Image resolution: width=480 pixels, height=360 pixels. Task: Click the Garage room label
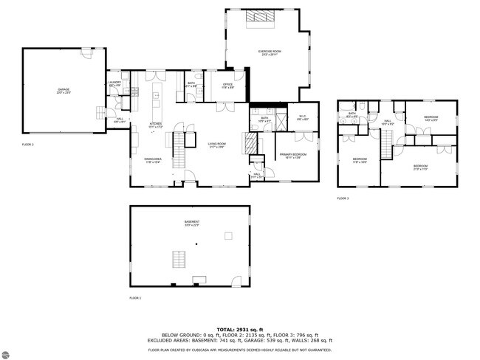pos(64,91)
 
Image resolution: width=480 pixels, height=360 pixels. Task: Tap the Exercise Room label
pos(267,52)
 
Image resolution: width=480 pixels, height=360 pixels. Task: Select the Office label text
pos(228,86)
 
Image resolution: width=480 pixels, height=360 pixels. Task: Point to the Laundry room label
pos(114,83)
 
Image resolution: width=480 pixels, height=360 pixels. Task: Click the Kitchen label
pos(156,125)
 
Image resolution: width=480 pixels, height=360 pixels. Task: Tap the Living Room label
pos(216,145)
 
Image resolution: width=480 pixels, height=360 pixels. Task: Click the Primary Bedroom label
pos(292,155)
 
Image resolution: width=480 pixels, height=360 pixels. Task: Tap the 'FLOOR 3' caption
pos(343,198)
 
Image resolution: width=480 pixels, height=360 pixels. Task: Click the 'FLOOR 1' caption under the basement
pos(135,297)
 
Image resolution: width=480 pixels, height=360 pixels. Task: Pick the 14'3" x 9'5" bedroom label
pos(431,118)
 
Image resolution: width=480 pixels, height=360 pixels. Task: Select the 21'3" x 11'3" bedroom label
pos(419,167)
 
